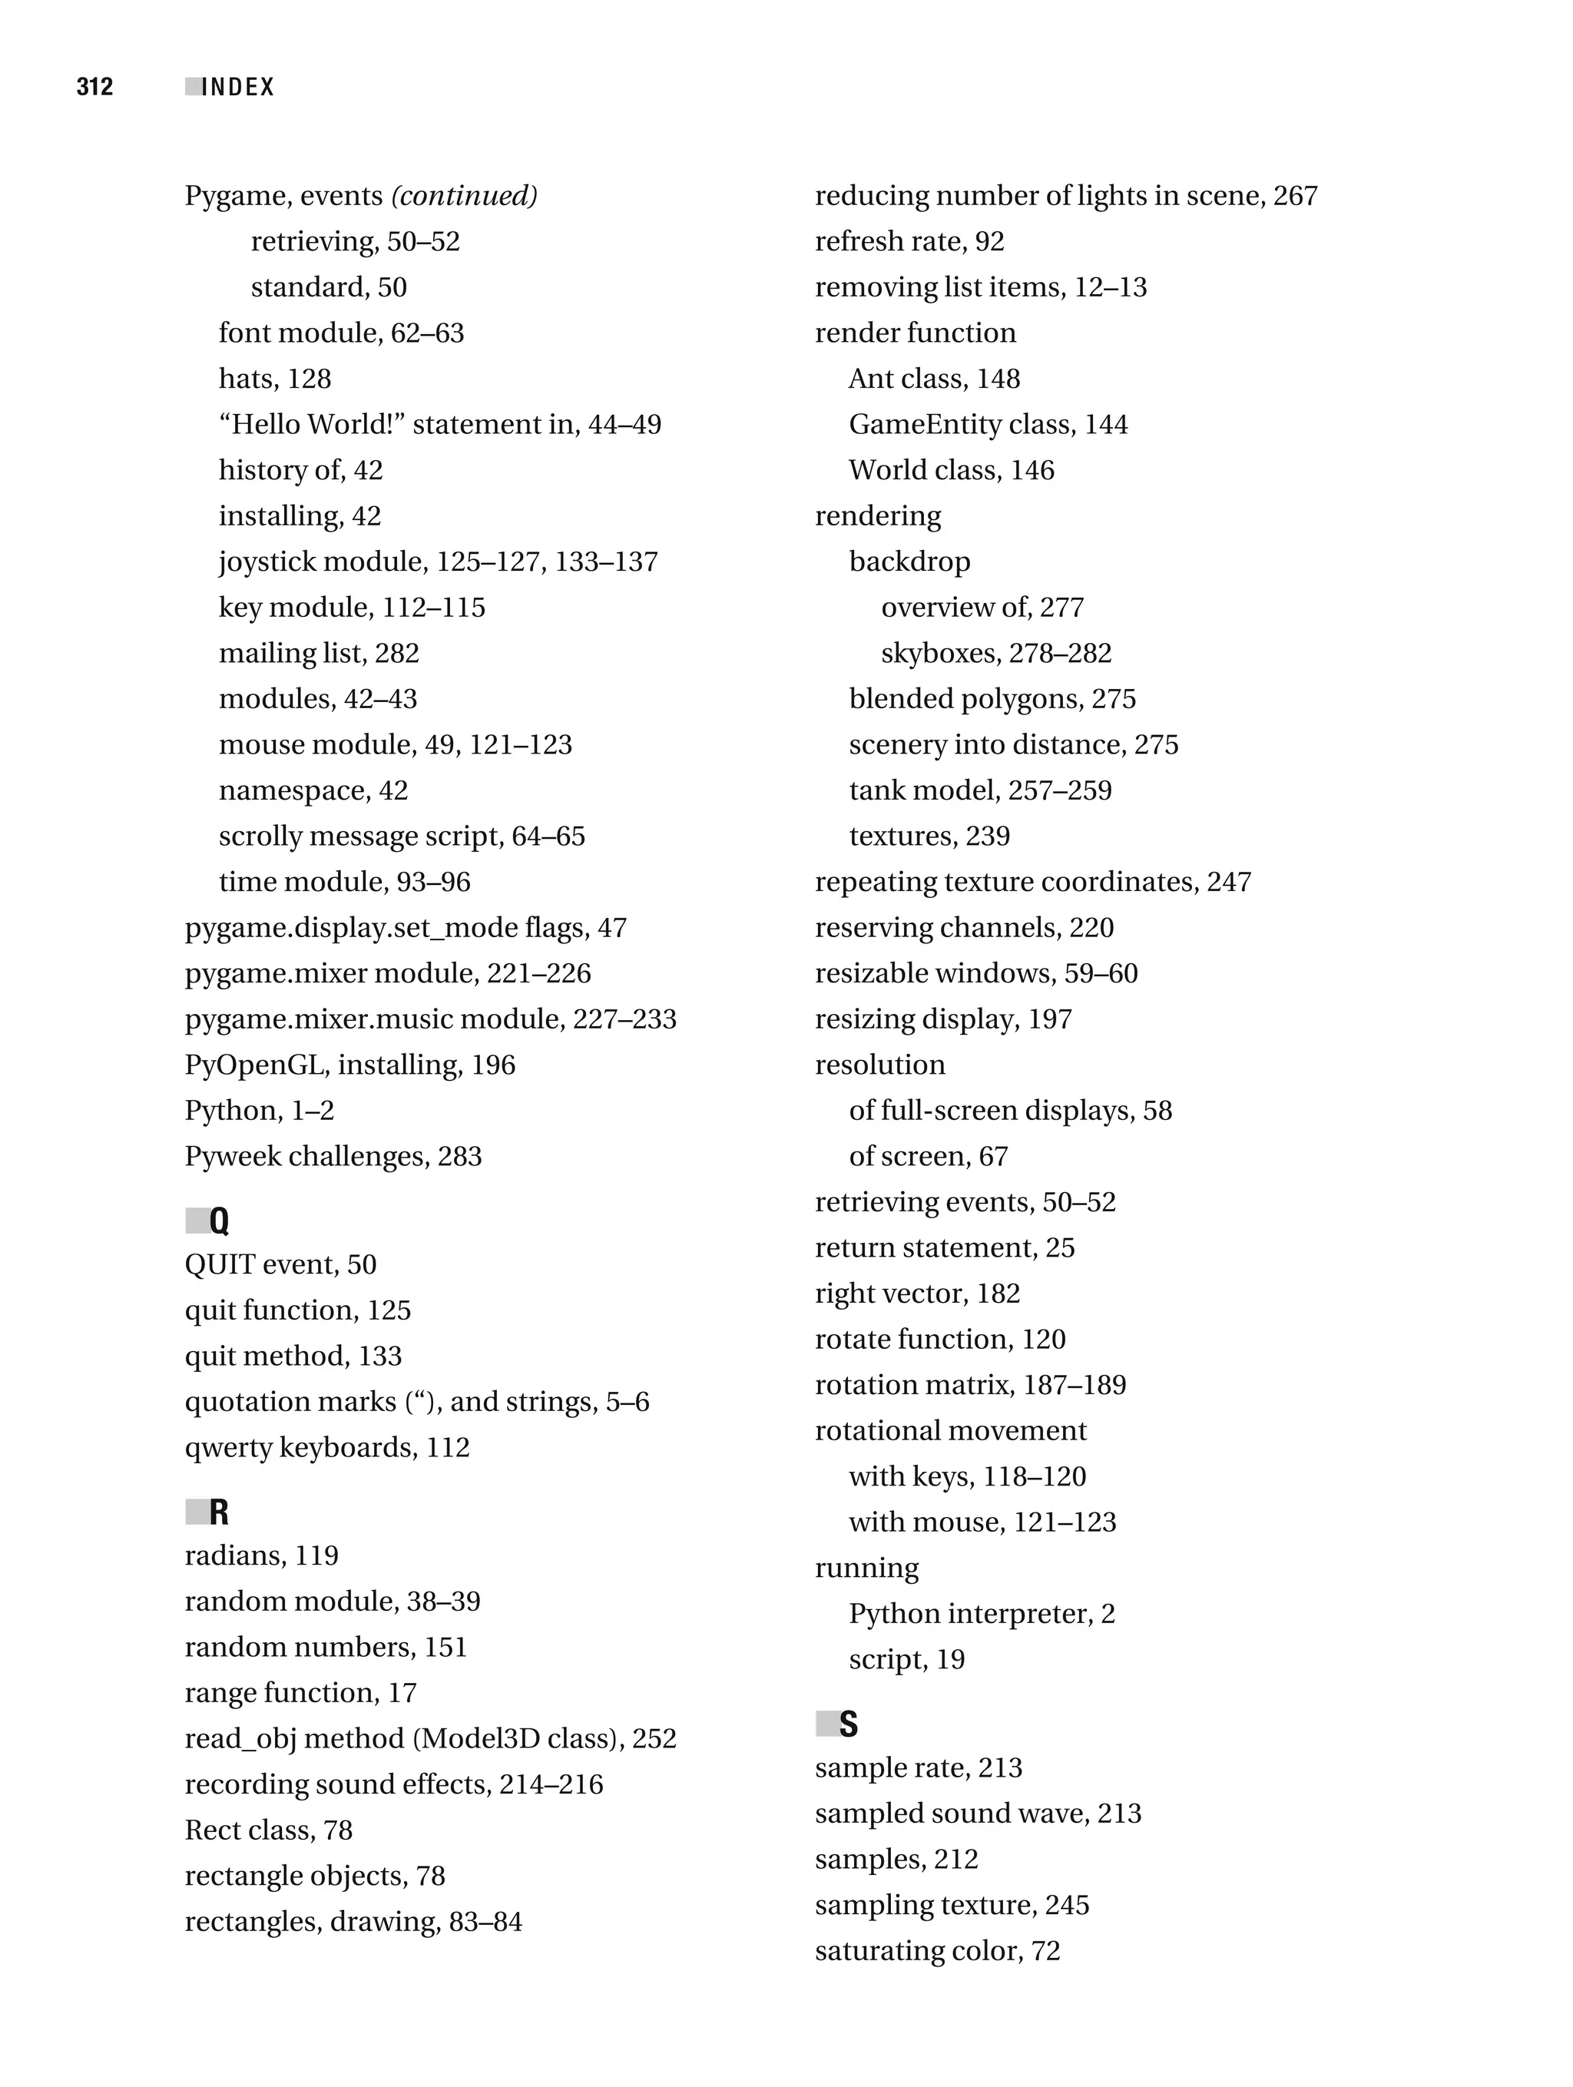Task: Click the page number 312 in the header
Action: pos(94,87)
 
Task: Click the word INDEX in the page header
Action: pos(238,87)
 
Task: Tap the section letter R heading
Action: pos(218,1512)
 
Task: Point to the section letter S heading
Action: pos(848,1724)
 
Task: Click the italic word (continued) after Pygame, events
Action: pos(464,196)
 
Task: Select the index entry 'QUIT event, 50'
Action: pos(280,1264)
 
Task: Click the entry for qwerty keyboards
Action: pos(326,1447)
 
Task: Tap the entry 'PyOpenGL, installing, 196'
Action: pos(349,1065)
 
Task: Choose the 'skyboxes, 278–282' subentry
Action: pos(995,653)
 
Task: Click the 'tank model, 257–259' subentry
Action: pos(979,790)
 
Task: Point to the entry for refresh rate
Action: pos(909,241)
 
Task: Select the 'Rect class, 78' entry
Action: pos(268,1830)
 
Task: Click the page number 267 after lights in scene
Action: pos(1295,196)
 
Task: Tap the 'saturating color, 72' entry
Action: pos(937,1950)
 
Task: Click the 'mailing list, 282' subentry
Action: pos(318,653)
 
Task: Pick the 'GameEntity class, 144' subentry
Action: pos(987,425)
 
